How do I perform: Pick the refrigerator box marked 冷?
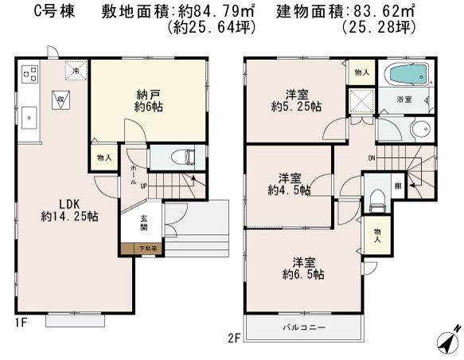[x=73, y=71]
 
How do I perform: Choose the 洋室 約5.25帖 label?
[x=294, y=100]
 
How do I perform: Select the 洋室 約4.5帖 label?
[x=288, y=182]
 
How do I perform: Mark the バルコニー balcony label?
[x=301, y=327]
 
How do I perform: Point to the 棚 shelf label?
[x=396, y=186]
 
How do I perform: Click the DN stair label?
[x=372, y=158]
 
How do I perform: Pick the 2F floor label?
[x=233, y=338]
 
